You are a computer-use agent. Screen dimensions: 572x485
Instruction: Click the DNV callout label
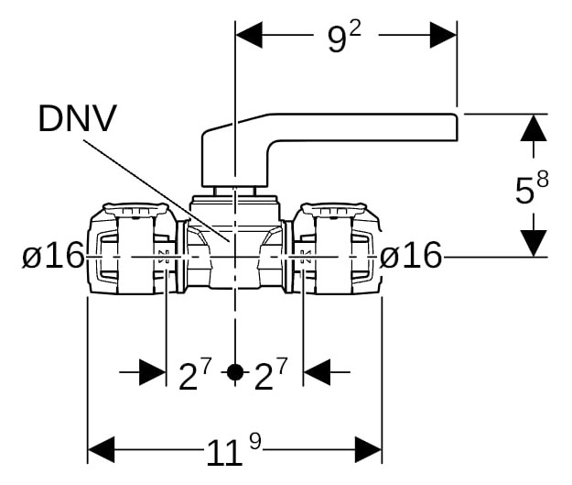tap(78, 118)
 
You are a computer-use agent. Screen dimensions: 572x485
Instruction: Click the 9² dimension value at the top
tap(344, 38)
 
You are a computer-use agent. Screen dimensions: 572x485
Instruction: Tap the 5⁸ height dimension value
tap(532, 188)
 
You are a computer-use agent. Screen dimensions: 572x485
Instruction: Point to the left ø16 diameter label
tap(53, 256)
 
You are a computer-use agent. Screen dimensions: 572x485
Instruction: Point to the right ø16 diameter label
tap(411, 256)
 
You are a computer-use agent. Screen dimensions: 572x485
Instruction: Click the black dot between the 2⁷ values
tap(235, 372)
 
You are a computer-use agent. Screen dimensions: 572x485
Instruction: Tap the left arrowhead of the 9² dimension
tap(249, 35)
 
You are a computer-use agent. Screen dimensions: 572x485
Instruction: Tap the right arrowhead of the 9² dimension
tap(443, 35)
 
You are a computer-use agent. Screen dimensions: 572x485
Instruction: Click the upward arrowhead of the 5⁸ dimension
tap(534, 128)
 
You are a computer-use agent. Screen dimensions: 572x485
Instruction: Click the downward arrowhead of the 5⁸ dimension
tap(534, 243)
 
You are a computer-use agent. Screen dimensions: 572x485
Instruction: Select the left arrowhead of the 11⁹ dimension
tap(102, 449)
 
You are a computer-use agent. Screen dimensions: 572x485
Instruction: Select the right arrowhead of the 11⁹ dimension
tap(369, 449)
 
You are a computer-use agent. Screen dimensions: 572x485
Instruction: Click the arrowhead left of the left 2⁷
tap(153, 372)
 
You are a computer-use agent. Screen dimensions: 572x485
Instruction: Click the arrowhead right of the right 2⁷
tap(317, 372)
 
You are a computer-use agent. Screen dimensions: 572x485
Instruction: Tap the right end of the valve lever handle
tap(458, 127)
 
